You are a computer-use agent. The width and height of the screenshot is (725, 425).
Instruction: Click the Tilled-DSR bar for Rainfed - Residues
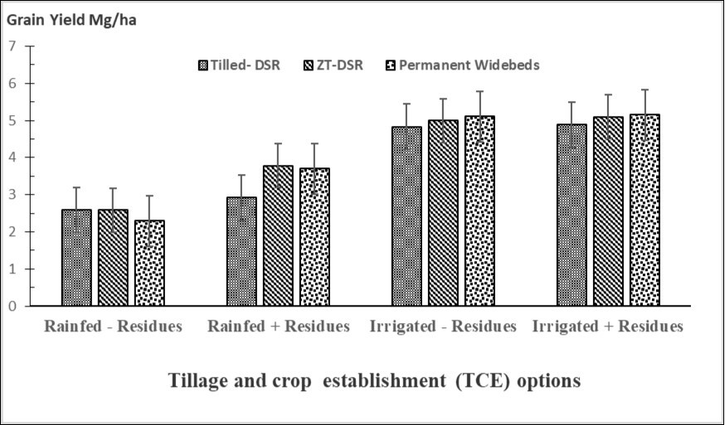click(x=76, y=258)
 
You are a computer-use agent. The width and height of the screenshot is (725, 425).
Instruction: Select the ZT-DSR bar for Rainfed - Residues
click(x=113, y=258)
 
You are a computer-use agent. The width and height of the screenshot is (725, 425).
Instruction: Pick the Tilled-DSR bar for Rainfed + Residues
click(x=241, y=252)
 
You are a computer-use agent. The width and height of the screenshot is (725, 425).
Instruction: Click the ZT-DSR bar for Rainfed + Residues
click(x=278, y=236)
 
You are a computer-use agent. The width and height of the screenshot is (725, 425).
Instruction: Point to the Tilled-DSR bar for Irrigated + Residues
click(x=572, y=215)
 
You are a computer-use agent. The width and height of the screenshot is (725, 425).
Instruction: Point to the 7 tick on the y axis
click(x=12, y=46)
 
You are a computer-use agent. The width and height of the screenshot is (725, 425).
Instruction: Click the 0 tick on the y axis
click(x=12, y=307)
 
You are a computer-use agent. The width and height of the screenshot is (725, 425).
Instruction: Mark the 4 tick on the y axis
click(x=12, y=157)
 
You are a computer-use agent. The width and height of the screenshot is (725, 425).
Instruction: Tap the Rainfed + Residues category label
click(x=278, y=326)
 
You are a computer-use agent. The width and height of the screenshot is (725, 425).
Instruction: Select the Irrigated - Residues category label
click(x=443, y=326)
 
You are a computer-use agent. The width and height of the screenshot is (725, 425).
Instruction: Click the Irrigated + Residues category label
click(x=608, y=326)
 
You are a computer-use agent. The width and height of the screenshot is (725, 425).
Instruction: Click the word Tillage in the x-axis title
click(x=200, y=381)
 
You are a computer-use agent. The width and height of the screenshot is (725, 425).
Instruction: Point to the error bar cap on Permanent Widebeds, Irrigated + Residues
click(x=645, y=89)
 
